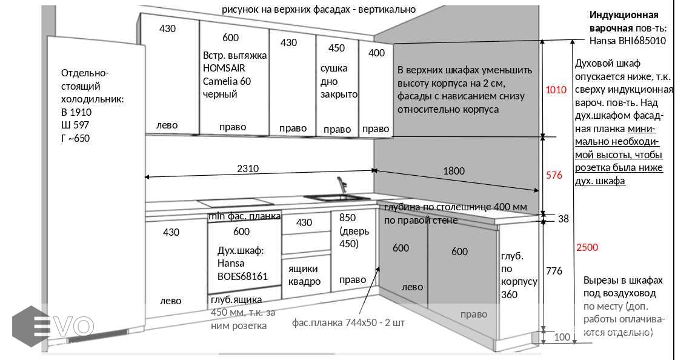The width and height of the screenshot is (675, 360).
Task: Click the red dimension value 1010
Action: tap(556, 90)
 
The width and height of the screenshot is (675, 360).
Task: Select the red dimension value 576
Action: tap(554, 175)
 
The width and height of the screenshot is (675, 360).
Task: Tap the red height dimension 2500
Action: tap(587, 247)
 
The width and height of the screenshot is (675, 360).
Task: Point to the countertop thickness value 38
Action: tap(563, 219)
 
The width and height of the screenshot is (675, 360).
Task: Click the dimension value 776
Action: tap(554, 270)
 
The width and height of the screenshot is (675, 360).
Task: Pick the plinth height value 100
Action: tap(562, 337)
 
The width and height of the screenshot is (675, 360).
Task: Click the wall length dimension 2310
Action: tap(247, 169)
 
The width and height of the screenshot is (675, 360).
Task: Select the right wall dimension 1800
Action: tap(453, 171)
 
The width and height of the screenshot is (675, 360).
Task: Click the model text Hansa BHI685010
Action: tap(627, 41)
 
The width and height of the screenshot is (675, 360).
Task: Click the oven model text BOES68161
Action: tap(242, 276)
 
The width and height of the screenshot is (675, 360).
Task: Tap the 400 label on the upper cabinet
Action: tap(376, 53)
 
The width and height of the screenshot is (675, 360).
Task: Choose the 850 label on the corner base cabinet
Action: tap(347, 218)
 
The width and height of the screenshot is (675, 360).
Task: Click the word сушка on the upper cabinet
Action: tap(334, 68)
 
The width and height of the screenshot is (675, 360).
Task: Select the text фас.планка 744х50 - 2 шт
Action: tap(348, 322)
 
